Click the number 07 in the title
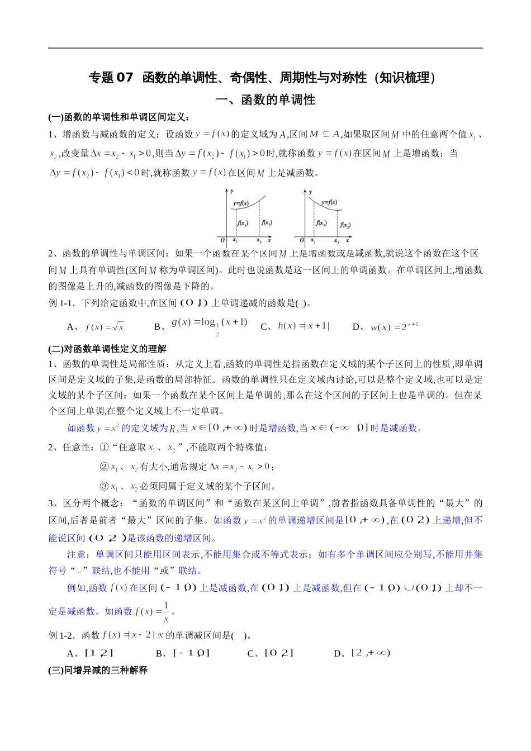pyautogui.click(x=125, y=78)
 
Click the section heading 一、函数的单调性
pyautogui.click(x=265, y=100)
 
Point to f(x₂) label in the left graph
pyautogui.click(x=267, y=222)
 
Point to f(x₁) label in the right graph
pyautogui.click(x=321, y=222)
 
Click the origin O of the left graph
pyautogui.click(x=222, y=240)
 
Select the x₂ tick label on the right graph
pyautogui.click(x=336, y=241)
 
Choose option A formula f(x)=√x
pyautogui.click(x=105, y=327)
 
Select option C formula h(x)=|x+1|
pyautogui.click(x=304, y=326)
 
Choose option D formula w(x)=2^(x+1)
pyautogui.click(x=394, y=327)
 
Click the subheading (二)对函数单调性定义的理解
pyautogui.click(x=107, y=349)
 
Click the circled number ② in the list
pyautogui.click(x=104, y=467)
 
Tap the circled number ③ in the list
pyautogui.click(x=104, y=486)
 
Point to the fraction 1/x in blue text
pyautogui.click(x=166, y=612)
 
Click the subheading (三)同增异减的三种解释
pyautogui.click(x=98, y=669)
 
